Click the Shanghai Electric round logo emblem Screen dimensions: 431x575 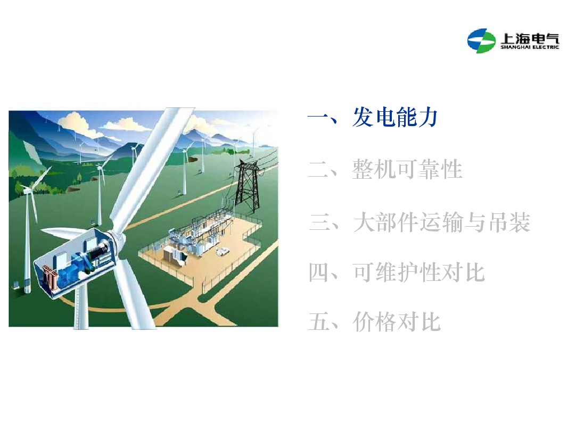point(481,40)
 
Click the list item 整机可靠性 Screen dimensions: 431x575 point(407,170)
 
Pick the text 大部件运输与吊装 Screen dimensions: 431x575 point(442,222)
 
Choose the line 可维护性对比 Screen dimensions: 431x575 point(418,273)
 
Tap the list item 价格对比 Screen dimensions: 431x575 point(397,322)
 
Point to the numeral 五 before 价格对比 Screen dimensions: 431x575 point(319,322)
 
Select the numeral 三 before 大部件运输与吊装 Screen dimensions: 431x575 point(321,222)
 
